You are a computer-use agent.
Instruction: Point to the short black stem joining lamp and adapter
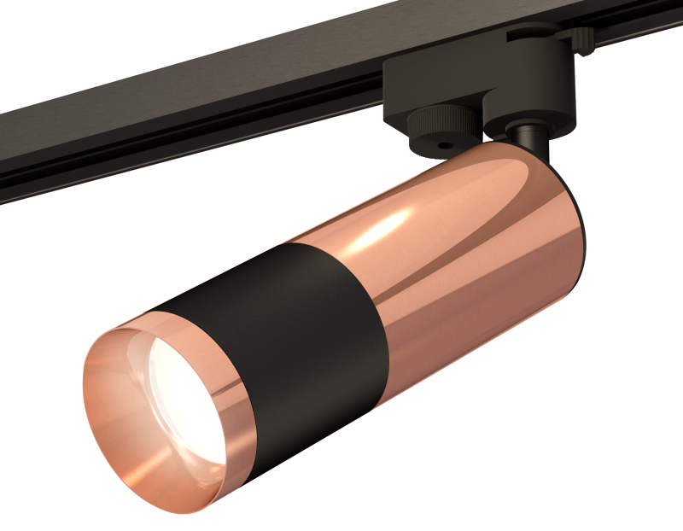523,137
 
